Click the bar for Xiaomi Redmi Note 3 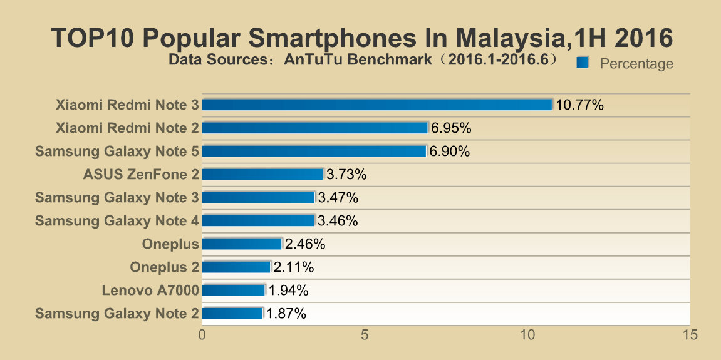376,105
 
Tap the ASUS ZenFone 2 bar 262,174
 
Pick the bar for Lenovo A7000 233,290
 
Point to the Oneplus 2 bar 236,267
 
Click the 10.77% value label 579,105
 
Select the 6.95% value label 451,128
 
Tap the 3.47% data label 338,197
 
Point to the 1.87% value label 286,313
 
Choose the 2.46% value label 305,244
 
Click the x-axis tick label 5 365,335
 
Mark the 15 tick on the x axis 690,335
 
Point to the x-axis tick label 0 202,335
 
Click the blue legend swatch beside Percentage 583,63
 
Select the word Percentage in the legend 636,63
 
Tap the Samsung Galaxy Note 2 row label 117,313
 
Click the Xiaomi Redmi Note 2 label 127,128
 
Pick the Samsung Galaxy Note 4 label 117,220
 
